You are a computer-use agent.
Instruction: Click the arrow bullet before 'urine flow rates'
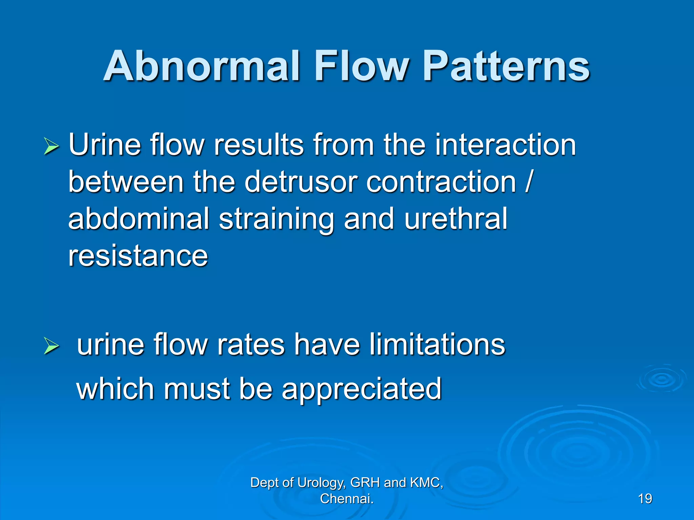click(x=52, y=346)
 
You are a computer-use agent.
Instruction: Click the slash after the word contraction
click(x=528, y=182)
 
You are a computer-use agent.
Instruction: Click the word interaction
click(x=505, y=145)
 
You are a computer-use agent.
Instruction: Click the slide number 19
click(x=645, y=499)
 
